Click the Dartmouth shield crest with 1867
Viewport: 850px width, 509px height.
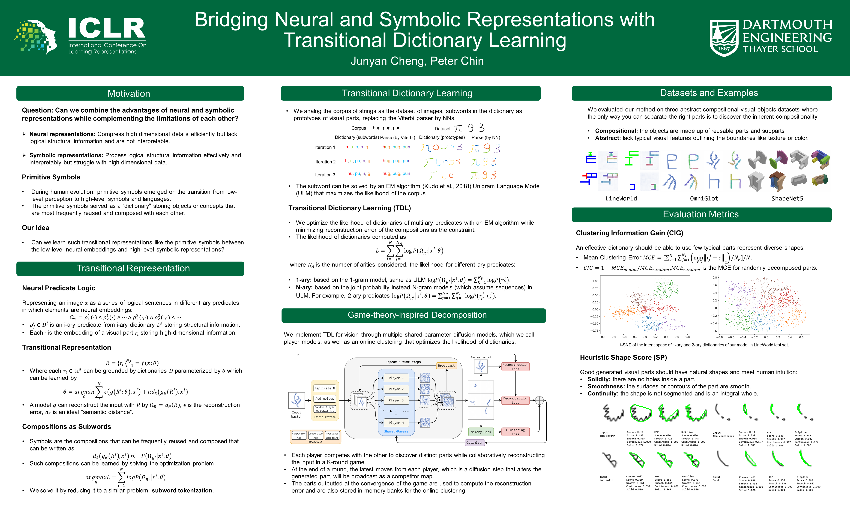(723, 38)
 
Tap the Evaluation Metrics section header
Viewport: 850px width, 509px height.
(701, 214)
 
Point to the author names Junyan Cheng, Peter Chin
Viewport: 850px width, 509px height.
(417, 61)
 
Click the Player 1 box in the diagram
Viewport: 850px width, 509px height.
(396, 378)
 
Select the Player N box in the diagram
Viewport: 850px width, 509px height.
(396, 423)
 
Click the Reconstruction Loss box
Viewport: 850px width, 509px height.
(515, 367)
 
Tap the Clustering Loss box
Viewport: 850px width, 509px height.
(515, 432)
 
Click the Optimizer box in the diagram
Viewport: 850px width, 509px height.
(474, 443)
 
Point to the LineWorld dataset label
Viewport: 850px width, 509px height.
(621, 199)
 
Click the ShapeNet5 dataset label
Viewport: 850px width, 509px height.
(787, 199)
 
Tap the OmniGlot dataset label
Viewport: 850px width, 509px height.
(704, 199)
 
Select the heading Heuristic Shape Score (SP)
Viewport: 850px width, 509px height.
(623, 357)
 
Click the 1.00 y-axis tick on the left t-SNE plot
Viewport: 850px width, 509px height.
(595, 281)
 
